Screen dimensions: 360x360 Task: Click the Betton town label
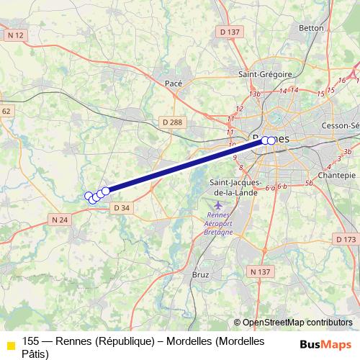pos(311,28)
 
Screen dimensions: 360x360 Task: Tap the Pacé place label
pos(174,84)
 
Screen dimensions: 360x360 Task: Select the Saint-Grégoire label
pos(265,73)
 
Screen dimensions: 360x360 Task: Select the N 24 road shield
pos(60,219)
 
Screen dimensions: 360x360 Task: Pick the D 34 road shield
pos(121,208)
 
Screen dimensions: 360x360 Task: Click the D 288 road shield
pos(172,122)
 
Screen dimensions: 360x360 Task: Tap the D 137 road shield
pos(229,32)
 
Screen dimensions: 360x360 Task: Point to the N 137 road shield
pos(260,271)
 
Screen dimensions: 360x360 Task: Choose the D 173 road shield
pos(346,239)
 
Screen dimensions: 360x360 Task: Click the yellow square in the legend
pos(10,347)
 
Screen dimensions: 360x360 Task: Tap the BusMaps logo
pos(325,344)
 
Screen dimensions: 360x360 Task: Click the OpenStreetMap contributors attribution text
pos(297,323)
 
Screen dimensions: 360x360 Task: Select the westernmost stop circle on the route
pos(89,196)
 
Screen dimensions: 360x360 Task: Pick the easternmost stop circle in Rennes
pos(271,140)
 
